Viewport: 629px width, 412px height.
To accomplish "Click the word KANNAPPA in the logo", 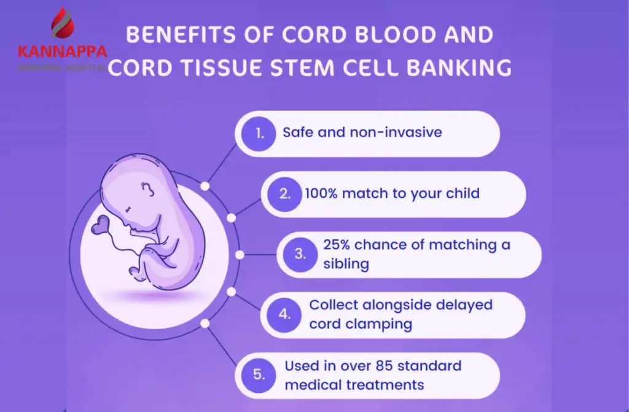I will click(63, 52).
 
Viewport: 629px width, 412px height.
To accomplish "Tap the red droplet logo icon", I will click(63, 25).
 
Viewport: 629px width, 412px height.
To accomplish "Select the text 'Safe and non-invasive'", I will click(362, 132).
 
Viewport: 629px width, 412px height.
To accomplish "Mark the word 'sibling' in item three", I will click(346, 264).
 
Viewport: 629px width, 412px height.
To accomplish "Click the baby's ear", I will click(147, 190).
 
